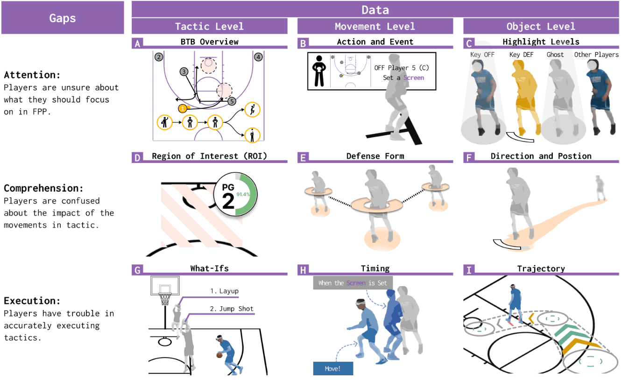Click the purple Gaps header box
click(x=63, y=18)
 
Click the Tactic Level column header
click(x=209, y=27)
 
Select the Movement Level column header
click(x=375, y=27)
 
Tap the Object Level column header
click(x=541, y=27)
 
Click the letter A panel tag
click(x=137, y=44)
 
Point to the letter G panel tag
click(x=137, y=270)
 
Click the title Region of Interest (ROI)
click(x=209, y=156)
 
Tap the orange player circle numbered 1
click(x=183, y=108)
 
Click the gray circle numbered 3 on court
click(x=184, y=71)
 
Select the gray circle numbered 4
click(x=258, y=57)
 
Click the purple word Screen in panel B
click(x=414, y=78)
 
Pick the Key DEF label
click(x=521, y=55)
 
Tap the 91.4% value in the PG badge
click(x=243, y=193)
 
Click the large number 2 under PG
click(x=228, y=201)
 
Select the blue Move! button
click(x=333, y=368)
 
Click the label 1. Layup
click(x=224, y=291)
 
